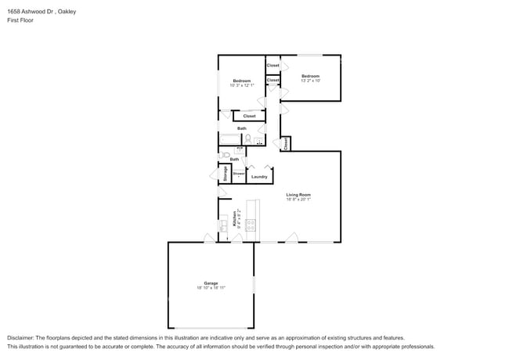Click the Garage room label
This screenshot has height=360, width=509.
211,283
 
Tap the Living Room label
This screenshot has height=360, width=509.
298,195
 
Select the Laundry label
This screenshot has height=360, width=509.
259,177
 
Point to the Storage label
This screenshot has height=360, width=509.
226,174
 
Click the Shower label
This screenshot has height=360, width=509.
238,173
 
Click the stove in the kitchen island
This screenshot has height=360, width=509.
251,225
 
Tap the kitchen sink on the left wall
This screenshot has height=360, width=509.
223,221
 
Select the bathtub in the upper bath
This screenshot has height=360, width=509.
229,140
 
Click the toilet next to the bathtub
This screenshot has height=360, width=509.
247,139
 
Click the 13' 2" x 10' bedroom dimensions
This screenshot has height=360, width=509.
311,81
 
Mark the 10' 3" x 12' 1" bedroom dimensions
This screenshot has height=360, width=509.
242,85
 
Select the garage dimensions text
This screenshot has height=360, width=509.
211,288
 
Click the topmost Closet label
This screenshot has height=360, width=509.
273,65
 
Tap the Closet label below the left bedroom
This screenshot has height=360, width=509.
249,116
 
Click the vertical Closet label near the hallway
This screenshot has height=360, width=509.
287,143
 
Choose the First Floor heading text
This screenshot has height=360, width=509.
20,20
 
